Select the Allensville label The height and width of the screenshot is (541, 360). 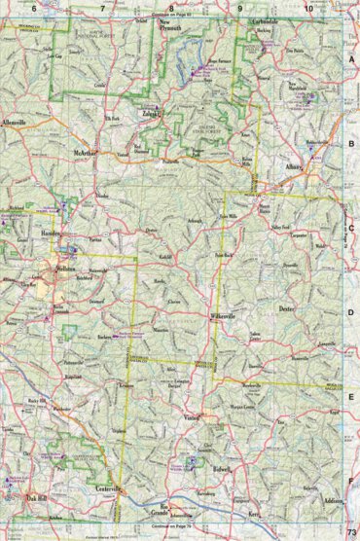[17, 125]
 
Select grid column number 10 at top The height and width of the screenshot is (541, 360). [308, 8]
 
